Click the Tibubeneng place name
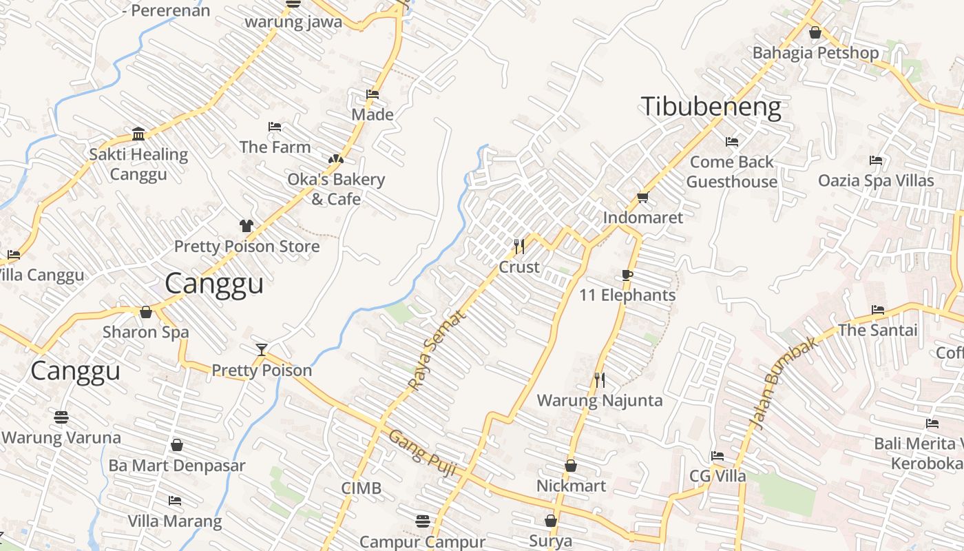(x=711, y=107)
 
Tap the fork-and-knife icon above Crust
(x=519, y=245)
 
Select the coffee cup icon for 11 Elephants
(x=627, y=275)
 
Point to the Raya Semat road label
(x=437, y=350)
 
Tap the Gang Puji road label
(x=422, y=452)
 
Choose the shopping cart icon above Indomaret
(x=642, y=198)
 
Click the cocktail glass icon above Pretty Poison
(x=261, y=349)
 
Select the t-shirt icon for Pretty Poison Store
(x=246, y=225)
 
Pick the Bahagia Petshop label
(x=815, y=53)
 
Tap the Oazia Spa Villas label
(x=876, y=180)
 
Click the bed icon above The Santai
(x=877, y=309)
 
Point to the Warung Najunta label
(x=599, y=400)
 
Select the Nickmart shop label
(x=571, y=486)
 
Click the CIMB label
(x=361, y=488)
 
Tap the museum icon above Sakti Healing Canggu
(x=138, y=133)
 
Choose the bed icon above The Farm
(x=274, y=127)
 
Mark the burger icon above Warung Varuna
(x=61, y=417)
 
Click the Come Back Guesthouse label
(x=731, y=171)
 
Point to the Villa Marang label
(x=175, y=521)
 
